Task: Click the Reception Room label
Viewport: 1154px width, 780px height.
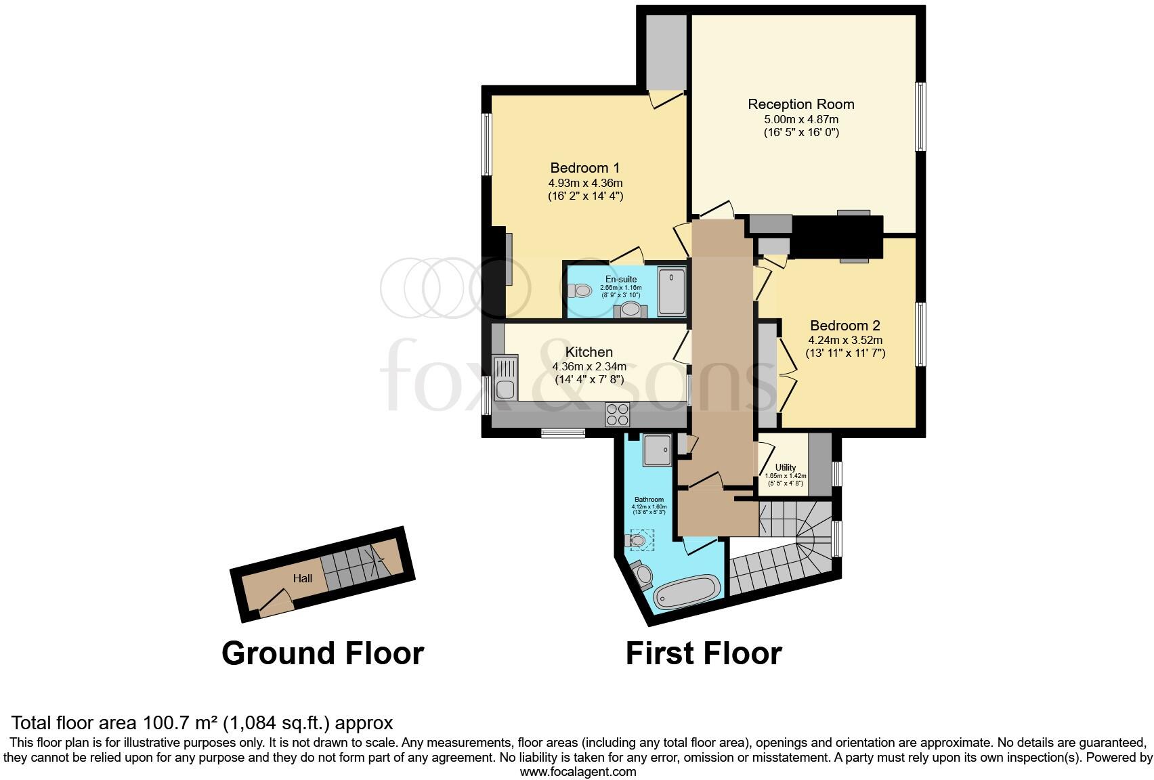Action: click(x=800, y=104)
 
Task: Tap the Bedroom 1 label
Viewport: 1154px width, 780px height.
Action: click(x=584, y=168)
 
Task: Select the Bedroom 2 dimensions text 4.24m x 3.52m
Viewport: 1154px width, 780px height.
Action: click(x=845, y=341)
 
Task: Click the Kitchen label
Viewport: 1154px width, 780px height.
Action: click(x=589, y=352)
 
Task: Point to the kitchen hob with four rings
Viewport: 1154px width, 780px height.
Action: click(x=617, y=414)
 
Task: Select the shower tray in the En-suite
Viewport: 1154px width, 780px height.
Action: click(x=671, y=292)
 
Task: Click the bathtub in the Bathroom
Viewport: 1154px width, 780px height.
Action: click(x=687, y=592)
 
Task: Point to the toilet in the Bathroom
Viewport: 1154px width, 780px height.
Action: click(x=637, y=540)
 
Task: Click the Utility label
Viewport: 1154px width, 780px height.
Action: click(x=786, y=468)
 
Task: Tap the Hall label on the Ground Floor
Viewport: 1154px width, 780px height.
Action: click(x=303, y=578)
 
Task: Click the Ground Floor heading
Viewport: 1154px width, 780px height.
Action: click(x=322, y=653)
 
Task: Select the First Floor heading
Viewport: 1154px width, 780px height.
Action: click(x=703, y=653)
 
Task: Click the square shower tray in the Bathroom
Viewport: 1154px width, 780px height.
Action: click(x=656, y=450)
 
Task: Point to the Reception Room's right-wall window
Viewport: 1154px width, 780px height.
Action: click(x=920, y=116)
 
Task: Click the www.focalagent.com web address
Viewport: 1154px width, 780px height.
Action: click(x=578, y=771)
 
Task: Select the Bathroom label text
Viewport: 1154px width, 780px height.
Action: click(x=648, y=500)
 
